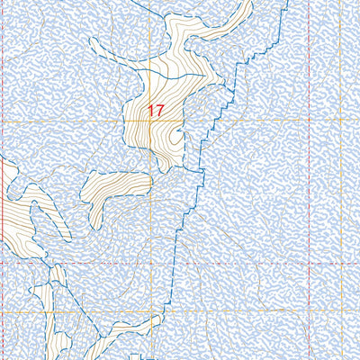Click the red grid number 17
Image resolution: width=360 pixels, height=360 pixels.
pyautogui.click(x=156, y=111)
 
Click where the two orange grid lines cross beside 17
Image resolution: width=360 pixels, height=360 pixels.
pyautogui.click(x=149, y=121)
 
